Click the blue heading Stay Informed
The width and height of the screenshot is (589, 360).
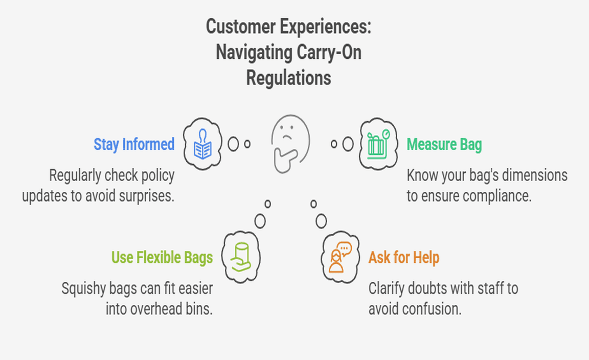(134, 144)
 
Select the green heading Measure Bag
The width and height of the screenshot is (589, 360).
(444, 144)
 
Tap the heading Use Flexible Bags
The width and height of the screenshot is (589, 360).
(162, 257)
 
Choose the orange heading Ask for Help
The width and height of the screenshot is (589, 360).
(403, 257)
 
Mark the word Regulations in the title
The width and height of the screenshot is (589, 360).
(288, 78)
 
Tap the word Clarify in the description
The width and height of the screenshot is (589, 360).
(387, 288)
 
